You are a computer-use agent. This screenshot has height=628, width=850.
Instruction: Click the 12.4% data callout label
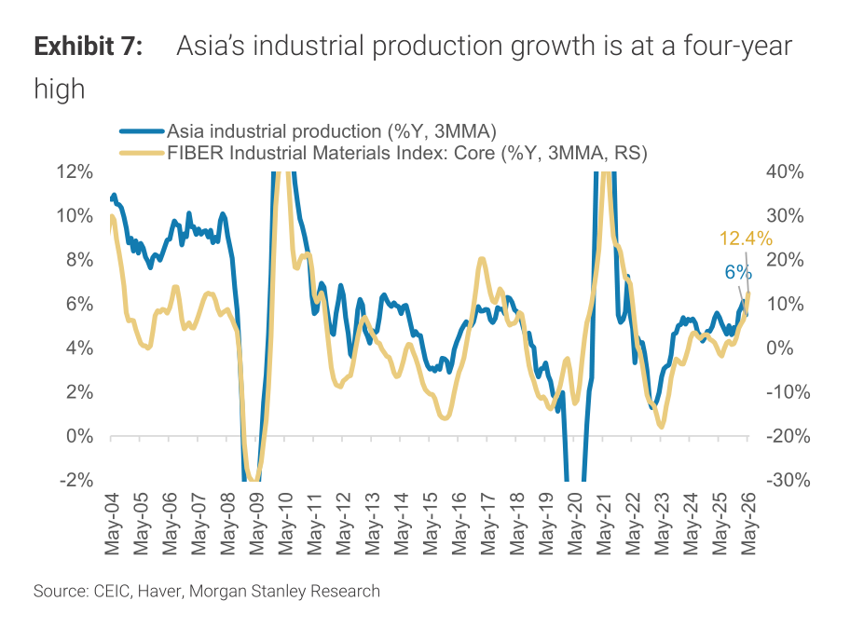[x=746, y=239]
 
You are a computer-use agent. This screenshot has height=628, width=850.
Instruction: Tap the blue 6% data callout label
[x=738, y=272]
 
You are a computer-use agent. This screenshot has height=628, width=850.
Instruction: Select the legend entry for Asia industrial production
[x=308, y=131]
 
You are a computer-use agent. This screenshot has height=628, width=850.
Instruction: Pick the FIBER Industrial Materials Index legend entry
[x=383, y=153]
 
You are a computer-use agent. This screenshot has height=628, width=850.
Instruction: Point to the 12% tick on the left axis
[x=75, y=171]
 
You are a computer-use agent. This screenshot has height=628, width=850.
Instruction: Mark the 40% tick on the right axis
[x=785, y=171]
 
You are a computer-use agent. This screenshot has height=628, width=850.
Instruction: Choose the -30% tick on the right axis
[x=788, y=480]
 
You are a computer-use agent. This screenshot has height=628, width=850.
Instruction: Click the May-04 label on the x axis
[x=112, y=524]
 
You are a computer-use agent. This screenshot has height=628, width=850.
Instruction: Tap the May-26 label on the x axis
[x=748, y=524]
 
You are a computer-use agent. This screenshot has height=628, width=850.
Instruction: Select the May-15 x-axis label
[x=430, y=524]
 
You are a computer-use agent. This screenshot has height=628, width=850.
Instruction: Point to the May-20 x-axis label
[x=575, y=524]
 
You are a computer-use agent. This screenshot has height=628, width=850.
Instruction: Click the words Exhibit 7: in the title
[x=89, y=46]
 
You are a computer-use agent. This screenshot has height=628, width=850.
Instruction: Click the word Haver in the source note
[x=160, y=591]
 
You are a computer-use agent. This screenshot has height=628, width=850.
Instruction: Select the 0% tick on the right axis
[x=779, y=348]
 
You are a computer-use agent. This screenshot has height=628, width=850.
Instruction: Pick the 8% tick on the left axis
[x=79, y=260]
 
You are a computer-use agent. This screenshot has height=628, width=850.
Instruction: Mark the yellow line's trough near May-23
[x=661, y=427]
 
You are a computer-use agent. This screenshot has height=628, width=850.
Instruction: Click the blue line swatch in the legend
[x=142, y=131]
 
